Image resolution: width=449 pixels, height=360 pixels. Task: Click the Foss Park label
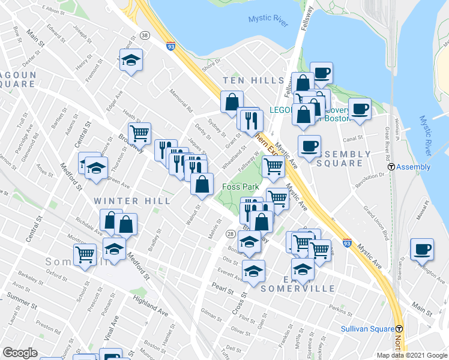click(x=240, y=187)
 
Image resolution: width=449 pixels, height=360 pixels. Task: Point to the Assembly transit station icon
click(x=391, y=167)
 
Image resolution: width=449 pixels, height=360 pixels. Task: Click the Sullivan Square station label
click(x=366, y=329)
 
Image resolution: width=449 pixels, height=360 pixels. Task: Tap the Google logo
click(x=20, y=353)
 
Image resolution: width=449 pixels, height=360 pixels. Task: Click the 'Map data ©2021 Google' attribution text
click(x=412, y=355)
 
